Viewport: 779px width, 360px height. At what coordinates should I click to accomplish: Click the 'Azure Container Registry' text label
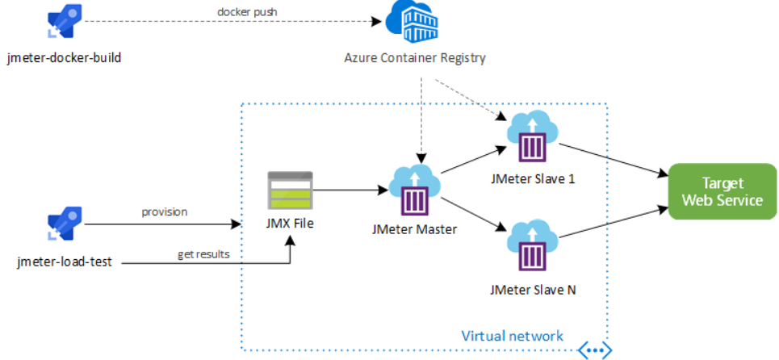click(x=414, y=59)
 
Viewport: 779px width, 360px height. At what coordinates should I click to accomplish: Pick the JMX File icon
click(x=289, y=190)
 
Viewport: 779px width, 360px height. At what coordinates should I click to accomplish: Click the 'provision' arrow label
click(x=165, y=211)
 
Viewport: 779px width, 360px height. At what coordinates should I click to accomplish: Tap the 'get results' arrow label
click(x=203, y=254)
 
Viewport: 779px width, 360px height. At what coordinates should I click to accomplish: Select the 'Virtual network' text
click(x=512, y=335)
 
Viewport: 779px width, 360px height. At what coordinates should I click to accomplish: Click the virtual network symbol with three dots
click(x=594, y=350)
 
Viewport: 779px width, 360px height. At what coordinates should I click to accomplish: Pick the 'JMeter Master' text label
click(x=414, y=229)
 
